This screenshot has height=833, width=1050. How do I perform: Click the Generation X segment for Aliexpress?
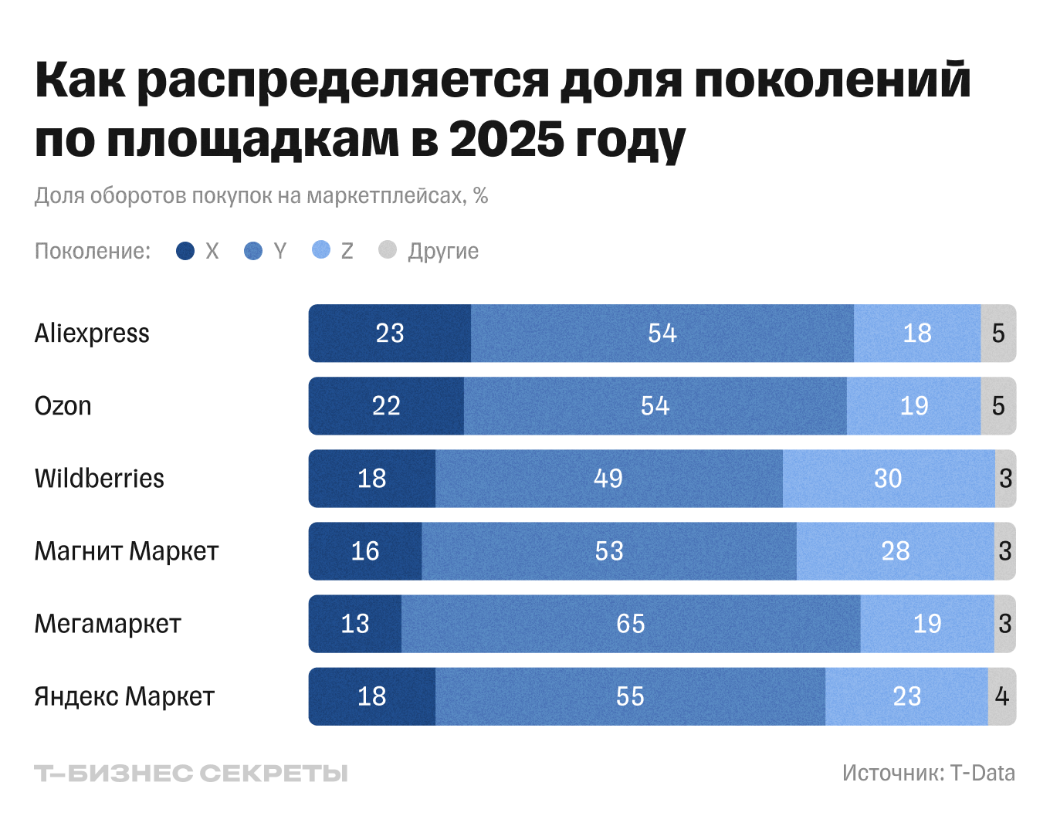(390, 334)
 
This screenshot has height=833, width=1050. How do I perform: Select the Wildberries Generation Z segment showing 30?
(889, 479)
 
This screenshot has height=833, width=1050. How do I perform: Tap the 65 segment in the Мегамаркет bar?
(631, 624)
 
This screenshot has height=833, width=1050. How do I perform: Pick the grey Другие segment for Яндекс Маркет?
(1001, 696)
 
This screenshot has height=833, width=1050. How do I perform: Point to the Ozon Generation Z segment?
(914, 406)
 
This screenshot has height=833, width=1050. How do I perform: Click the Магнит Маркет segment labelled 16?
(365, 551)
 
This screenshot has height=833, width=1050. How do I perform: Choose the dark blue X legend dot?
(185, 251)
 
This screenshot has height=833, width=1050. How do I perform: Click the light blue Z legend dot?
(321, 250)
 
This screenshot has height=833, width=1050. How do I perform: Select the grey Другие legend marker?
(388, 250)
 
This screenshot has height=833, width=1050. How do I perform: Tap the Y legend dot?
(253, 251)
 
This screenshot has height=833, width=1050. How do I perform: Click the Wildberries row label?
(100, 479)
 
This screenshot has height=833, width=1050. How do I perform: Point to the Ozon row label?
(63, 406)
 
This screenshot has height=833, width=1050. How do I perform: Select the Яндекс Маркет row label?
(124, 696)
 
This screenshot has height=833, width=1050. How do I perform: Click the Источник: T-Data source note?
(928, 773)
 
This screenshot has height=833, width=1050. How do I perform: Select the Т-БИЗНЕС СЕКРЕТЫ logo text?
(191, 774)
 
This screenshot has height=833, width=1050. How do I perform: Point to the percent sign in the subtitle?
(480, 196)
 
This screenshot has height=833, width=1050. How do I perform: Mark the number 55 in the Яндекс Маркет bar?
(630, 696)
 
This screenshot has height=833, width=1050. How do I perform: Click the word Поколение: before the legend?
(93, 251)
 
